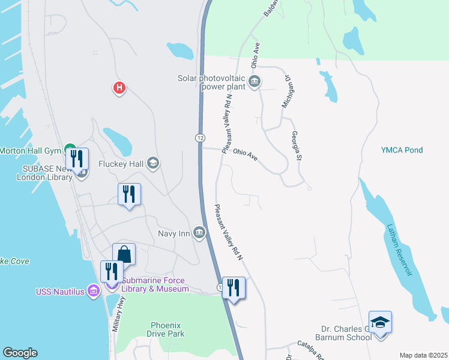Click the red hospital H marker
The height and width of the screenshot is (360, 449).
(119, 88)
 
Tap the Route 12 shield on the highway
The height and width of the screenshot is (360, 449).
(199, 137)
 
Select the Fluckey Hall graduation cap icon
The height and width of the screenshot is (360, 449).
(153, 163)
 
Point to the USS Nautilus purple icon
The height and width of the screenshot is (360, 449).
(93, 292)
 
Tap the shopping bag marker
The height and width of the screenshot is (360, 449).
(124, 254)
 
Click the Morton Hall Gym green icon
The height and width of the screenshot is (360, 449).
(70, 149)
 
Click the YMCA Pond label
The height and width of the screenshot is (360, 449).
(402, 150)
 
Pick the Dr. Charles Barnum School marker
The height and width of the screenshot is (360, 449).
(379, 323)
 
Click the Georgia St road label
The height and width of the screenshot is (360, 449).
(295, 146)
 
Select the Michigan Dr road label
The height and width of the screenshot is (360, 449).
(286, 92)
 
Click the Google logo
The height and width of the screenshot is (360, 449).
(20, 353)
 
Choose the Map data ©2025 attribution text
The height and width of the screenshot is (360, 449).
(423, 355)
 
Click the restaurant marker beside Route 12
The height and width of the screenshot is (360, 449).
(233, 288)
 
